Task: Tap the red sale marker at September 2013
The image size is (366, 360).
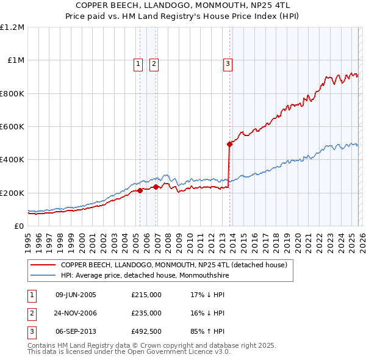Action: (x=230, y=145)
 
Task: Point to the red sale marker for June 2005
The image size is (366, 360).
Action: (x=140, y=190)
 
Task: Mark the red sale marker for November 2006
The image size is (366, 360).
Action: (x=156, y=187)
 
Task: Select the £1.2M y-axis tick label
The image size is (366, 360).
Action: (x=13, y=27)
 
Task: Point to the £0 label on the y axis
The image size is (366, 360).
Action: (x=19, y=226)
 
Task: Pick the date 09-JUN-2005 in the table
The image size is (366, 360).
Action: (x=76, y=295)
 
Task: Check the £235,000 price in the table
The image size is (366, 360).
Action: (x=146, y=313)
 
